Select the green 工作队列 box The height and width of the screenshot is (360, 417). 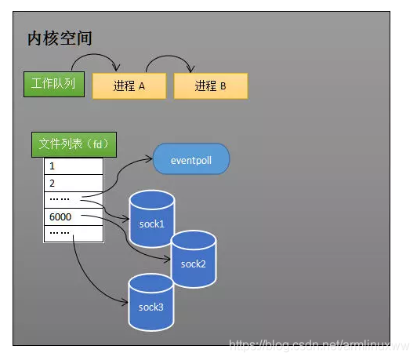[53, 84]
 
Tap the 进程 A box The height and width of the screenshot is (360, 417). [129, 86]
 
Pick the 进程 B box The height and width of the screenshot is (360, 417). [210, 86]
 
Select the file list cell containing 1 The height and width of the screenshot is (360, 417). [73, 166]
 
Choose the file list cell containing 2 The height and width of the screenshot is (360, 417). [73, 183]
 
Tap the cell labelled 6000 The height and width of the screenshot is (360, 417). [73, 216]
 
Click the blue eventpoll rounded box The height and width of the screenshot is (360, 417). [191, 159]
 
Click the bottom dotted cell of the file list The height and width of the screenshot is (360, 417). [73, 234]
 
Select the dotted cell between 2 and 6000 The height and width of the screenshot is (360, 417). [73, 199]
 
